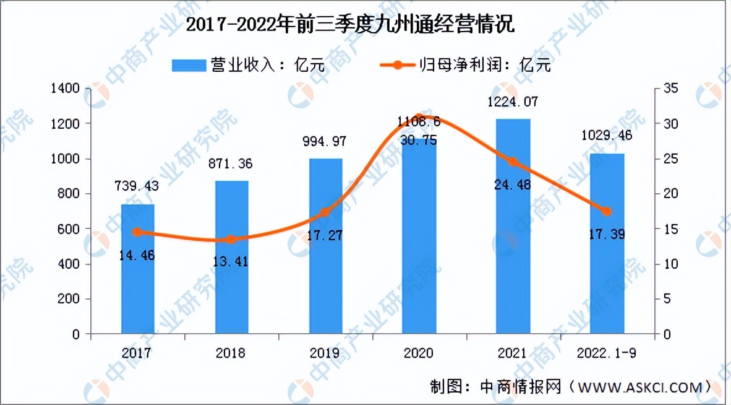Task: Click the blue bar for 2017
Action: (137, 269)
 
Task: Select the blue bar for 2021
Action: (513, 227)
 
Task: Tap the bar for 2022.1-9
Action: (607, 244)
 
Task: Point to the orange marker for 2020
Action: (419, 117)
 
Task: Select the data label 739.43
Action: (137, 186)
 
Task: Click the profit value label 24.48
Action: (511, 185)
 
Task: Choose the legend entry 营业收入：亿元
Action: (247, 64)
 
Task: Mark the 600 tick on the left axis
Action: (71, 229)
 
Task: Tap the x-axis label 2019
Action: (325, 353)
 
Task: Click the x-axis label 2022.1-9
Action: (607, 353)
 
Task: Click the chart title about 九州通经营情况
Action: (350, 26)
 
